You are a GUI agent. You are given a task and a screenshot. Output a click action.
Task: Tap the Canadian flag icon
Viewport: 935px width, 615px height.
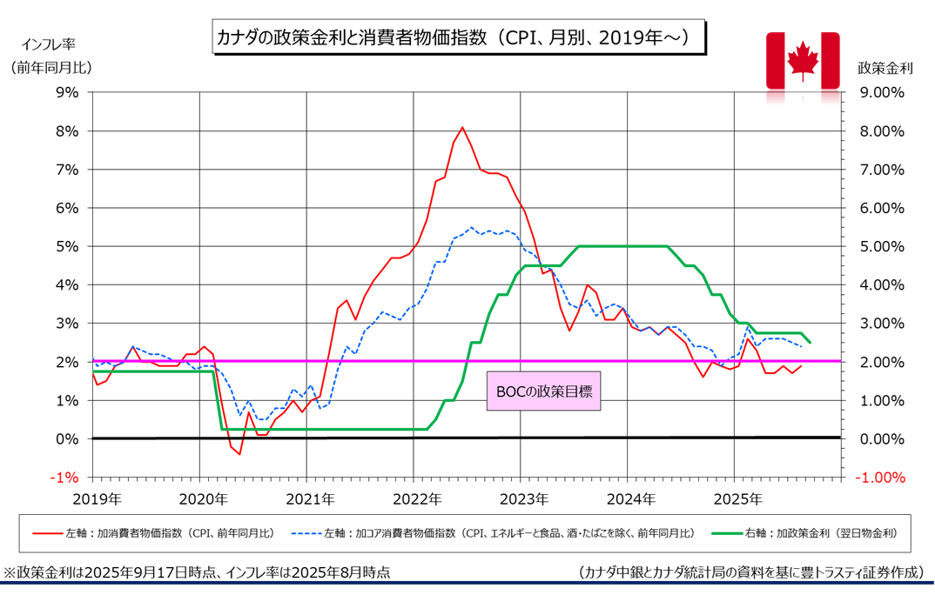pos(802,60)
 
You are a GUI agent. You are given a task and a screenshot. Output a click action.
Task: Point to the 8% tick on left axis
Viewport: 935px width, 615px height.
pos(67,131)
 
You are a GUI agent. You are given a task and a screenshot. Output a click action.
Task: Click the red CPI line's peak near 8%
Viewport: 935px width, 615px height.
pos(462,127)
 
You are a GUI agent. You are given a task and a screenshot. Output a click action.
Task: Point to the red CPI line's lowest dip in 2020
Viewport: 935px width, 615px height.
pos(239,454)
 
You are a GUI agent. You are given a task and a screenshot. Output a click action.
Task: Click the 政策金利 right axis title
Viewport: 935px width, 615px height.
pos(885,67)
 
